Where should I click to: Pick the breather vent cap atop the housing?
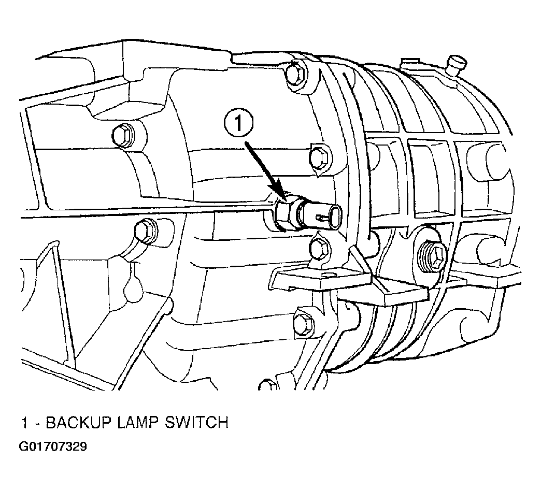coord(457,64)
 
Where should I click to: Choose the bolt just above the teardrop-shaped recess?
coord(145,230)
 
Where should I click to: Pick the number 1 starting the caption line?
coord(23,423)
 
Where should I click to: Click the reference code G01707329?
coord(53,446)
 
